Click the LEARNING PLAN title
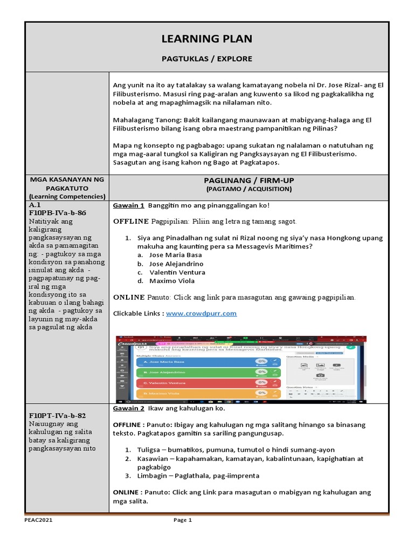[x=207, y=39]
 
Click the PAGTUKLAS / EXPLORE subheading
[x=207, y=58]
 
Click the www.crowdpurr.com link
[x=201, y=313]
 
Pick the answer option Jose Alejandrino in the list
[x=176, y=264]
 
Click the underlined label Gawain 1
[x=128, y=205]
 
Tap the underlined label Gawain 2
[x=128, y=409]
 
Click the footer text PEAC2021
[x=39, y=520]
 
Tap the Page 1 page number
[x=182, y=520]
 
